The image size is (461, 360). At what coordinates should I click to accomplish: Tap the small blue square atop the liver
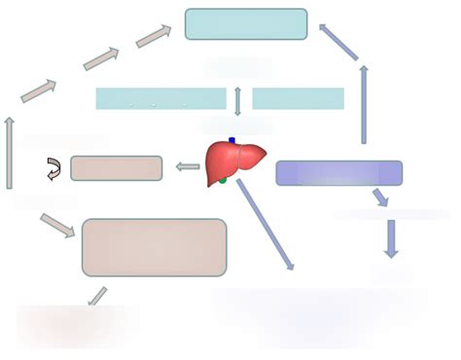(x=231, y=141)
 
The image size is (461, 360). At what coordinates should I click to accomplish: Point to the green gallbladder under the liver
(x=223, y=180)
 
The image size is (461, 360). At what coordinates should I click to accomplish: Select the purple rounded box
(x=338, y=173)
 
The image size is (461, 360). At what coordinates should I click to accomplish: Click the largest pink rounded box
(x=154, y=248)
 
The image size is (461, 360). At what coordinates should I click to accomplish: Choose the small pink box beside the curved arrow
(x=116, y=168)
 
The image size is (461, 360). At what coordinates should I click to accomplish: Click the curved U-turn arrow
(x=53, y=169)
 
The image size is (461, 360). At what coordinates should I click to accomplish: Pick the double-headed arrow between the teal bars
(x=238, y=99)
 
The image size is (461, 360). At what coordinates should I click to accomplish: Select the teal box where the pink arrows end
(x=245, y=24)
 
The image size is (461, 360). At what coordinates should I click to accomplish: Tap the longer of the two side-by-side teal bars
(x=160, y=98)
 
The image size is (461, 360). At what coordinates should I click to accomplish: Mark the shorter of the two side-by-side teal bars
(x=298, y=98)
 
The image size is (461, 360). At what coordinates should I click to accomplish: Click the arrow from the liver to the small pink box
(x=188, y=167)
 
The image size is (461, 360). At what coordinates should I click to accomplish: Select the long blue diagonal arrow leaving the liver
(x=264, y=223)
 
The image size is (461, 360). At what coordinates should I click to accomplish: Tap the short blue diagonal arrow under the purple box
(x=380, y=198)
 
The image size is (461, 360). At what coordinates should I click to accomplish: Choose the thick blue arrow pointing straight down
(x=390, y=237)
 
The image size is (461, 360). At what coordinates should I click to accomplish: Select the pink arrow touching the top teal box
(x=153, y=36)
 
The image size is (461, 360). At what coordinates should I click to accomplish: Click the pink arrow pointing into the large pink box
(x=58, y=225)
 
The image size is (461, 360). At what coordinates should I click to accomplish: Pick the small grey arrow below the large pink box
(x=97, y=296)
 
